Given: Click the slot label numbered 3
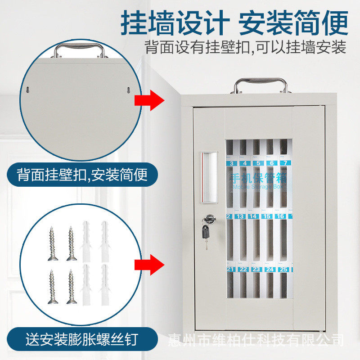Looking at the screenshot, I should click(231, 163).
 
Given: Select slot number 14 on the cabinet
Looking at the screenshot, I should click(254, 216).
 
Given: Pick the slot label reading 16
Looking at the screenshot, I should click(280, 216).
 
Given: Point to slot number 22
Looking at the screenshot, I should click(243, 269).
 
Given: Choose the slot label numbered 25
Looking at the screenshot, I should click(283, 269).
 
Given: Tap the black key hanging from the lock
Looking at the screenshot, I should click(206, 233).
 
